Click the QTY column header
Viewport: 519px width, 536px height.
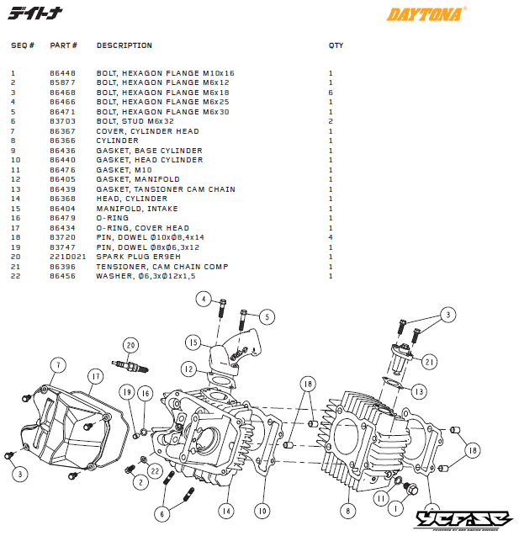coord(336,45)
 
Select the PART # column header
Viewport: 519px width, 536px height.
coord(63,45)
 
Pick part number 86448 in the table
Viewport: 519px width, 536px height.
coord(61,73)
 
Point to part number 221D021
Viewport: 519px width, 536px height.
coord(64,257)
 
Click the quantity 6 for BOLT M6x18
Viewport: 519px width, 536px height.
coord(331,93)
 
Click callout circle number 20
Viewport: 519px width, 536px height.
coord(130,345)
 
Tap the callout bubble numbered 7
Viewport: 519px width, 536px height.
coord(57,365)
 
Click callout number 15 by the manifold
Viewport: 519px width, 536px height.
coord(193,343)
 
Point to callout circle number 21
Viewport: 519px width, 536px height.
coord(430,362)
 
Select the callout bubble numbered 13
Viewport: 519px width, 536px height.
coord(418,390)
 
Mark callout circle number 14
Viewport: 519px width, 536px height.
coord(225,510)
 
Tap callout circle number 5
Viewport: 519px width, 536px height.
coord(267,317)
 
